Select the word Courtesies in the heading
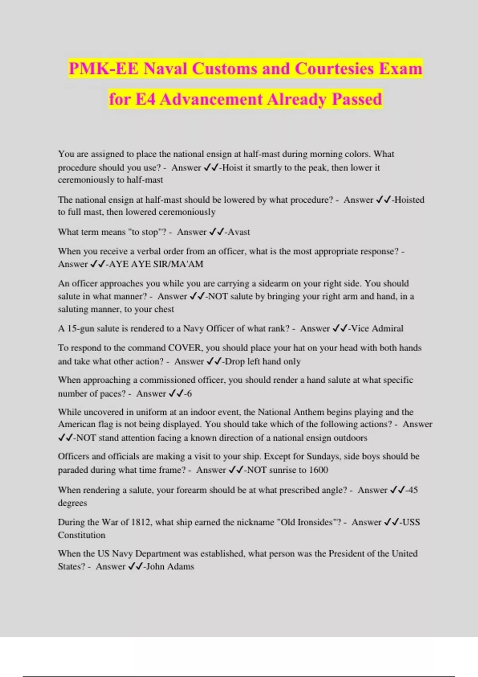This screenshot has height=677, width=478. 334,69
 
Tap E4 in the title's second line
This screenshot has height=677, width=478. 145,99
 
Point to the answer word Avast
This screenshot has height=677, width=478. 239,232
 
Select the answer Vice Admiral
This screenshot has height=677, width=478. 377,329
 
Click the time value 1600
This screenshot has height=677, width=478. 318,470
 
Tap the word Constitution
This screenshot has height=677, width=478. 82,535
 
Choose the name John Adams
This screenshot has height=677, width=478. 170,566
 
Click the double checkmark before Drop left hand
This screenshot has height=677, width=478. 214,361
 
